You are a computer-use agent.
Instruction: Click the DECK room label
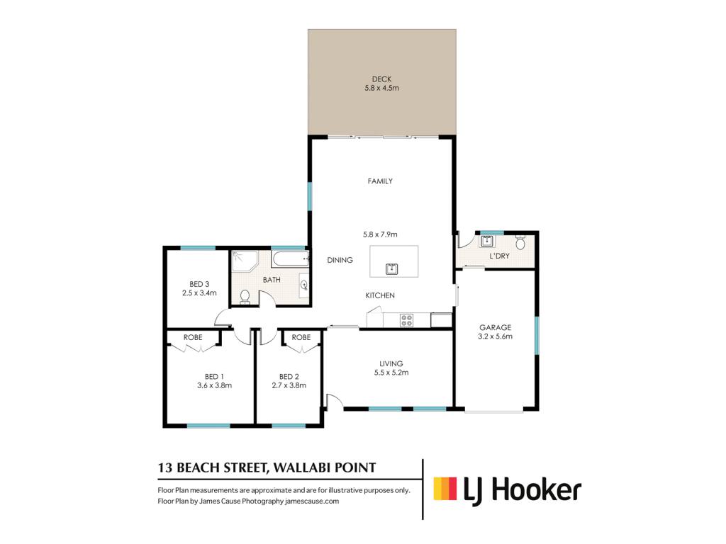(381, 79)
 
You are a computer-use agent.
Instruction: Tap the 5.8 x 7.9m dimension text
(380, 234)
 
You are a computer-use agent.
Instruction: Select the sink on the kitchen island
(391, 268)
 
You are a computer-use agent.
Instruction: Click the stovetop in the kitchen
(406, 320)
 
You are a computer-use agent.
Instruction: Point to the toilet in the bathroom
(245, 297)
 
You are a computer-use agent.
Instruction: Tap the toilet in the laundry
(520, 242)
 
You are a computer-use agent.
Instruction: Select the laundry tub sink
(486, 241)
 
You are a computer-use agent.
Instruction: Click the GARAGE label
(495, 327)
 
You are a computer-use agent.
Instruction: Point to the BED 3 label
(199, 284)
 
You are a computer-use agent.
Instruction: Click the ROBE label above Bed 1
(193, 337)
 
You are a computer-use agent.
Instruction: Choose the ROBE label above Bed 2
(301, 337)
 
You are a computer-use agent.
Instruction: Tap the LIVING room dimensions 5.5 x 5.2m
(391, 373)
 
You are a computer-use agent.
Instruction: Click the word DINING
(340, 260)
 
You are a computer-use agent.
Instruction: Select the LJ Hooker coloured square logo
(445, 489)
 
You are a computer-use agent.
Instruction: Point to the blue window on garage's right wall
(537, 336)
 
